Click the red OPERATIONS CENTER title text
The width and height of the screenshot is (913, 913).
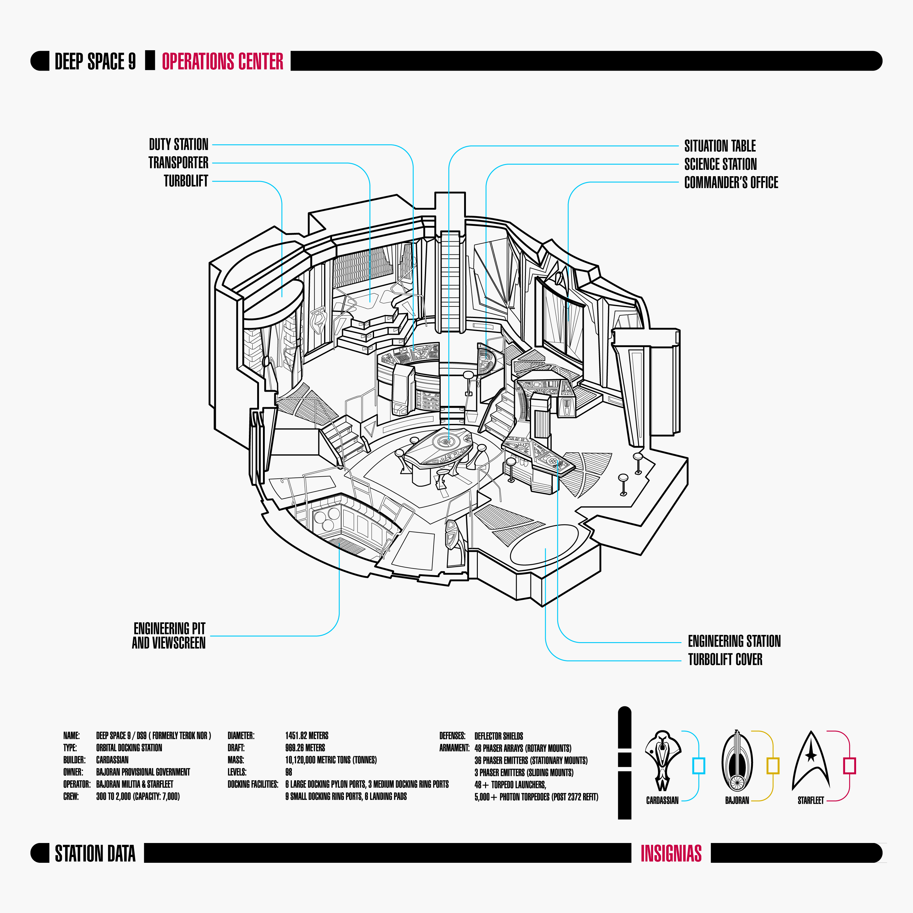coord(222,61)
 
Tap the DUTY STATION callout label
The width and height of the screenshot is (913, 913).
coord(179,144)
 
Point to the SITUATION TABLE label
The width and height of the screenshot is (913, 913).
coord(720,145)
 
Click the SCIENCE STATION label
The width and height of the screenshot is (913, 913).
coord(720,164)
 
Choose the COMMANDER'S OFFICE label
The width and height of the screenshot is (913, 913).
coord(731,182)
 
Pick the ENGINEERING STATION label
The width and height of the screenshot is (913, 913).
coord(734,641)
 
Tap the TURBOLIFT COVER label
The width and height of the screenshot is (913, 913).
coord(725,660)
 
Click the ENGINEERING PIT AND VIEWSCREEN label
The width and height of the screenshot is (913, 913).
coord(169,636)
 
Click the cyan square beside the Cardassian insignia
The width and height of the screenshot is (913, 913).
coord(698,766)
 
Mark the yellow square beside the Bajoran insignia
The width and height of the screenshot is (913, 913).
coord(773,766)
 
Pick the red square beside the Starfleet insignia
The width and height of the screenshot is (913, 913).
coord(849,766)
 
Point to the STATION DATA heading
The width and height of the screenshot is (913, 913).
coord(95,853)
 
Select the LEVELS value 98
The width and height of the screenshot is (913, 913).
coord(289,772)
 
